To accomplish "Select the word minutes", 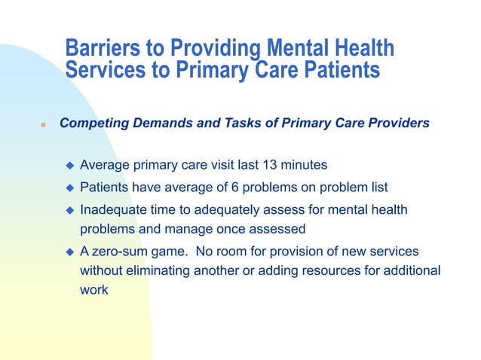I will pos(309,164).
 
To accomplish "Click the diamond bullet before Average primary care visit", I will pos(69,165).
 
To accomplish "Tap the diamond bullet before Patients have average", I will pos(69,186).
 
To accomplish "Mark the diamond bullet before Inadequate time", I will pos(69,209).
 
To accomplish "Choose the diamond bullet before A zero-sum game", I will pos(69,251).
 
